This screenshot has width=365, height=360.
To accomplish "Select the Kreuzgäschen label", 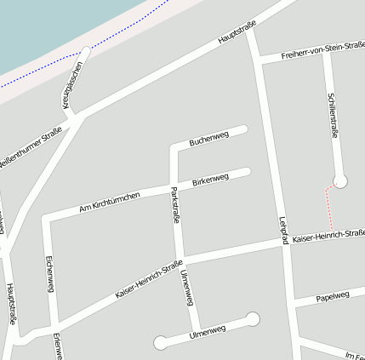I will [x=74, y=83].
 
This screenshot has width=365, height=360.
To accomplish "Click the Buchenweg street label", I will [x=209, y=137].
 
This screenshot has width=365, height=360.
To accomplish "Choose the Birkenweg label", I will [x=210, y=180].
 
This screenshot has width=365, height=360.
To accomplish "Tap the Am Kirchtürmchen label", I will [x=109, y=202].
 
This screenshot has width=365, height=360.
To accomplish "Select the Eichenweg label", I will [x=50, y=274].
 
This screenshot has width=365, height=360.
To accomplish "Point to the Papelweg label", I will [x=333, y=297].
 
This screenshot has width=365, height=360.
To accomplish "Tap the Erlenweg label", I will [x=58, y=346].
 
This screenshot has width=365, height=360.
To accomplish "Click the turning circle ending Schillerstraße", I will [x=340, y=180].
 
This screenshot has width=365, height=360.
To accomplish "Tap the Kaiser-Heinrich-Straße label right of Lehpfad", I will [x=328, y=237].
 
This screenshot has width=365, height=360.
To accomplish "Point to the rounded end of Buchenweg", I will [x=243, y=129].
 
